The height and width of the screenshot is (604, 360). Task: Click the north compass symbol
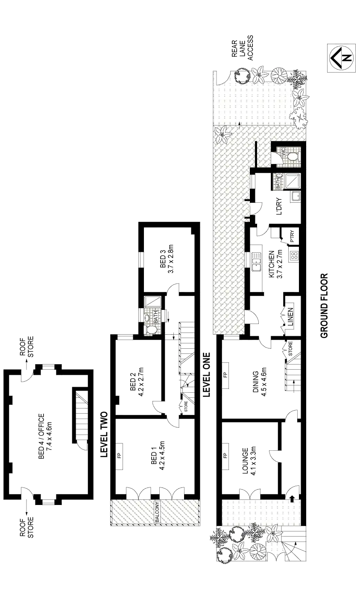tap(341, 58)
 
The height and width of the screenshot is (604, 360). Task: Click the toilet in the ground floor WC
tap(293, 156)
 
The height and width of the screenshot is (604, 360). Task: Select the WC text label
tap(282, 152)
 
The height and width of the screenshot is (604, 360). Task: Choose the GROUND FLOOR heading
tap(324, 306)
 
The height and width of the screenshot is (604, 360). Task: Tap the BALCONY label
tap(157, 514)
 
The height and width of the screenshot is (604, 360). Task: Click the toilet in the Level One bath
tap(151, 330)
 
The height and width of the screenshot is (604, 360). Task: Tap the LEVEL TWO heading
tap(103, 434)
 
